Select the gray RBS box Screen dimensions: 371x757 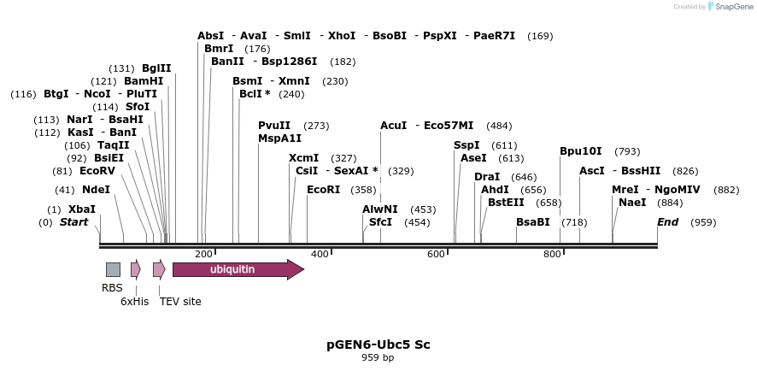point(113,270)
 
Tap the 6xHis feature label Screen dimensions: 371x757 point(134,301)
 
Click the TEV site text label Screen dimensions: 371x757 point(180,301)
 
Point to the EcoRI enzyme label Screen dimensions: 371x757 point(324,190)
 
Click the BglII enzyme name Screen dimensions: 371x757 point(156,68)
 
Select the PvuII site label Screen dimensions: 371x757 point(274,126)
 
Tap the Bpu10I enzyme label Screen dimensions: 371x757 point(581,151)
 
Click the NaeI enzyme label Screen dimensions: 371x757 point(632,203)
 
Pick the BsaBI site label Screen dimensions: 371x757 point(533,222)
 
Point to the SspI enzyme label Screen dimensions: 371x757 point(467,145)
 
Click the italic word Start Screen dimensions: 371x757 point(73,222)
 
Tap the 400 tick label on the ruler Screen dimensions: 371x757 point(320,254)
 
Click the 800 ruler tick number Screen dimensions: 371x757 point(552,254)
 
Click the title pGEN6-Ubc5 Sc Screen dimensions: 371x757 point(378,344)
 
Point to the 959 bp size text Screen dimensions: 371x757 point(378,357)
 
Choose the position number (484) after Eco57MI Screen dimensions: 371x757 point(500,126)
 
